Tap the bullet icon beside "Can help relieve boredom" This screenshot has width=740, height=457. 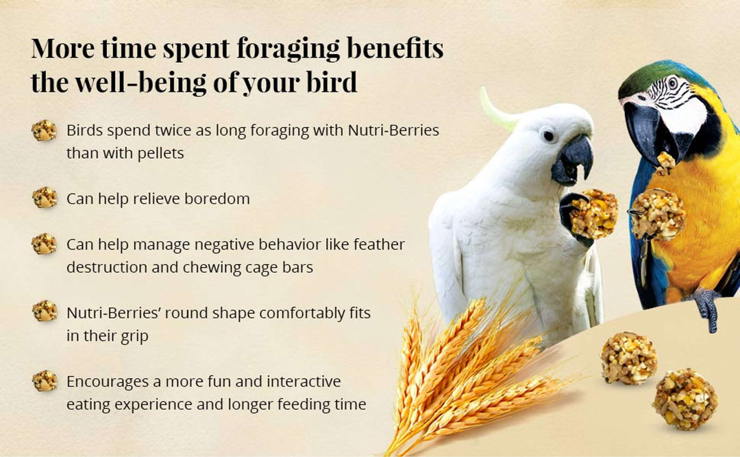tap(45, 198)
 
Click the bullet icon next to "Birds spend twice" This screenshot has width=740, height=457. tap(45, 130)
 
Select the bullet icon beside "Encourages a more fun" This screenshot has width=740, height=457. tap(45, 381)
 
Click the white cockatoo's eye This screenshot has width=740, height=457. tap(548, 135)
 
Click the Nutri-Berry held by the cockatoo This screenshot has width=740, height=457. tap(593, 213)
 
